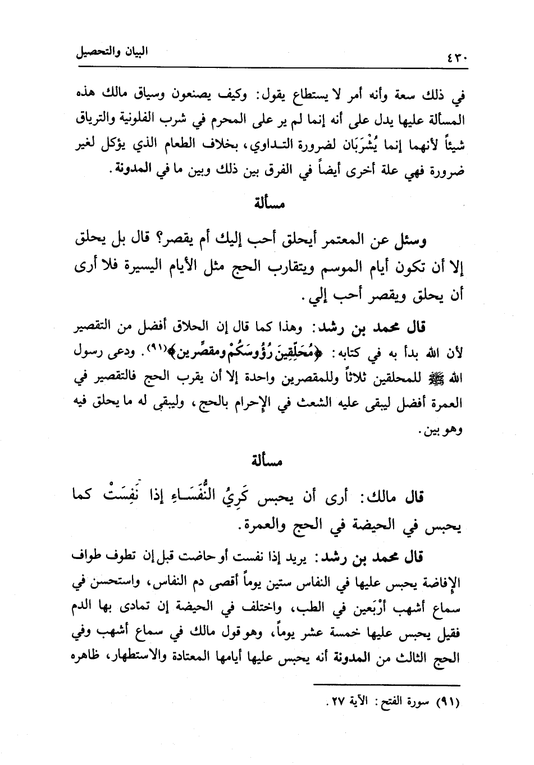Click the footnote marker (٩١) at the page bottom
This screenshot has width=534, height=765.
point(447,702)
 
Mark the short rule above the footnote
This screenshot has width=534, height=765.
point(386,685)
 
